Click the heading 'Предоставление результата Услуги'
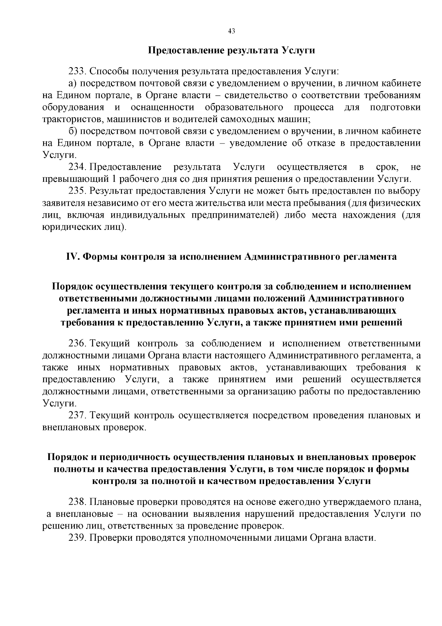click(x=231, y=51)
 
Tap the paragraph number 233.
click(x=77, y=71)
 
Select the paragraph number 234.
click(x=77, y=167)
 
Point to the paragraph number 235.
click(x=77, y=191)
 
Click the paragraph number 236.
click(x=77, y=343)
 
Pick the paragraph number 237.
click(x=77, y=415)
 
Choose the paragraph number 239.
click(x=77, y=537)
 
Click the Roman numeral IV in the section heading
click(x=72, y=257)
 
